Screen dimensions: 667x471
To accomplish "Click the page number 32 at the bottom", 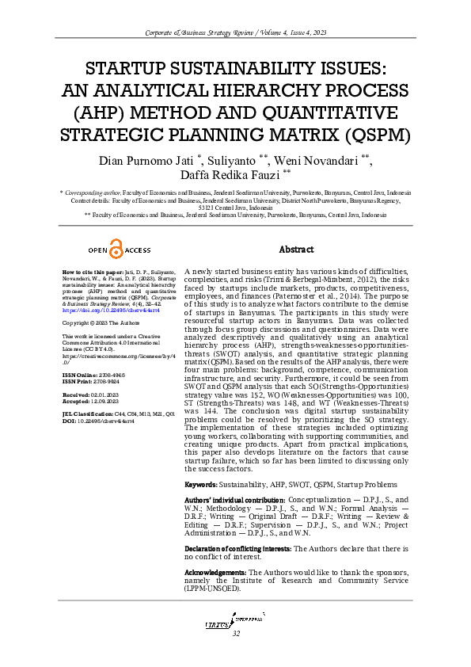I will (235, 634).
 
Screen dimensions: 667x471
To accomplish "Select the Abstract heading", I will (297, 249).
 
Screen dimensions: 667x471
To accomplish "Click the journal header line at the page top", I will (235, 31).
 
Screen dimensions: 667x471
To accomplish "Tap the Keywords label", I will (201, 484).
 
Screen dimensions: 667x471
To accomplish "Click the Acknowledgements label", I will (215, 572).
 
